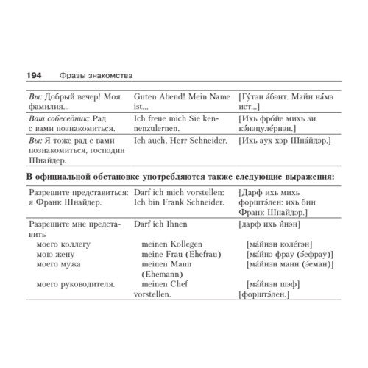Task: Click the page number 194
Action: point(35,76)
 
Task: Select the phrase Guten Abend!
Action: point(160,96)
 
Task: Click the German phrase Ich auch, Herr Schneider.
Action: point(182,138)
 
